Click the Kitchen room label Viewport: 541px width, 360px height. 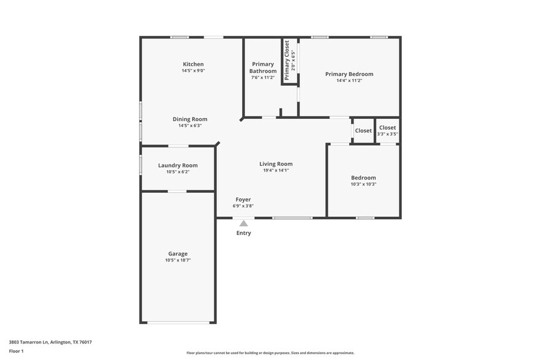(193, 64)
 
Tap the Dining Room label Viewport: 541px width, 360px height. (190, 119)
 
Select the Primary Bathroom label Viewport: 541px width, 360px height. (263, 67)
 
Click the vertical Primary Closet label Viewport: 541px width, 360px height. (287, 61)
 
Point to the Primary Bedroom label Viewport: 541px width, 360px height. (349, 74)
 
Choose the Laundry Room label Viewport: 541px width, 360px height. (178, 165)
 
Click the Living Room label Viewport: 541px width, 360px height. (276, 163)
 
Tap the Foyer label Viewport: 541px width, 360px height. (243, 200)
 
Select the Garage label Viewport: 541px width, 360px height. (178, 253)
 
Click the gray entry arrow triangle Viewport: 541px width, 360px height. (244, 223)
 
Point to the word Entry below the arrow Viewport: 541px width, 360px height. (244, 233)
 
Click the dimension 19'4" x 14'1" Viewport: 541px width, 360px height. (276, 170)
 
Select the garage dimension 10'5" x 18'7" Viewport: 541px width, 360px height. (178, 260)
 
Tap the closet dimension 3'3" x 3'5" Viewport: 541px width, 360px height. (387, 134)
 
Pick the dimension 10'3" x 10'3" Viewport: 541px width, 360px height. (363, 184)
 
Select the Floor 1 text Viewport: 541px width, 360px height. (16, 351)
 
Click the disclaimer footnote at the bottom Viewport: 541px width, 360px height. (270, 353)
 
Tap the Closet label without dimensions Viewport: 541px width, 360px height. (363, 130)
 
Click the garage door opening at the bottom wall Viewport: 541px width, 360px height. (178, 322)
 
